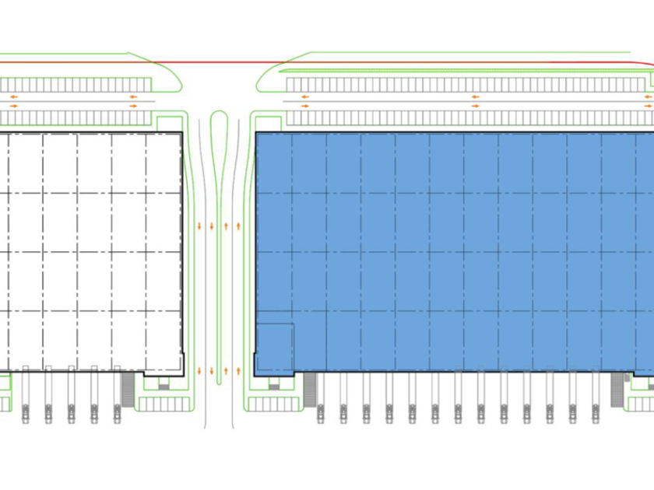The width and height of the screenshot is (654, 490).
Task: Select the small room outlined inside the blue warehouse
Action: (x=275, y=347)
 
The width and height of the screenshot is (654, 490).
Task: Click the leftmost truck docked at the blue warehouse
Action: (x=320, y=411)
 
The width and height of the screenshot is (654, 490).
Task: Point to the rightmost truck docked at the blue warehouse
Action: (x=596, y=411)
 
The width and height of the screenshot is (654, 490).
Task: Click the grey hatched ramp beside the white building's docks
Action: (x=128, y=388)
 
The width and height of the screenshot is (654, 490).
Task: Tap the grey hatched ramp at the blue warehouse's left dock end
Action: (x=310, y=388)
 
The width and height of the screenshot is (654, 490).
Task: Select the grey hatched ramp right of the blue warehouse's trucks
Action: (x=618, y=388)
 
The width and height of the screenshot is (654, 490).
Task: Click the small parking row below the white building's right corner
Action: (x=163, y=404)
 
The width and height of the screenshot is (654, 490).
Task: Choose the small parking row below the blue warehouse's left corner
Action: (x=274, y=404)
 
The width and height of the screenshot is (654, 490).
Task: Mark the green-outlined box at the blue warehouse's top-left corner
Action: (x=268, y=123)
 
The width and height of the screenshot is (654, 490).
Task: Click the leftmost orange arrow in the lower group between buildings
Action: (x=200, y=371)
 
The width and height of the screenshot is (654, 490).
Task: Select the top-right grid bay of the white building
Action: (x=163, y=162)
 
